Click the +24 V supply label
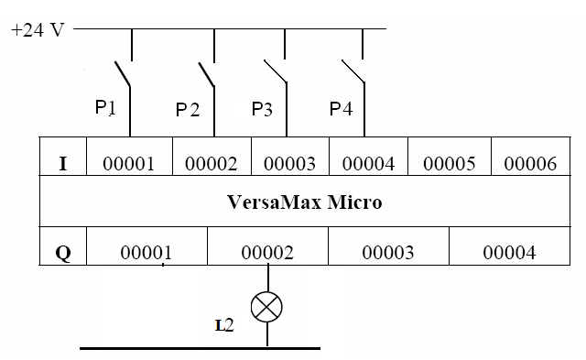(38, 29)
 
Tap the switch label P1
(106, 108)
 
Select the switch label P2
(188, 110)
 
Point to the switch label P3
(263, 109)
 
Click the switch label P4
(341, 109)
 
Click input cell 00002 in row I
(212, 164)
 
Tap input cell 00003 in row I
(289, 164)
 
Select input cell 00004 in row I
(368, 164)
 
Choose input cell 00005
(450, 164)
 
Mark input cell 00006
(529, 164)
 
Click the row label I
(62, 164)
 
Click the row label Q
(62, 252)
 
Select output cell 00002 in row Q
(267, 252)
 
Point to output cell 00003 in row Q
(387, 252)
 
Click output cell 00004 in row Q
(509, 252)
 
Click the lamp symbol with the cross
(266, 307)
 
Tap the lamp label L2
(224, 326)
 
